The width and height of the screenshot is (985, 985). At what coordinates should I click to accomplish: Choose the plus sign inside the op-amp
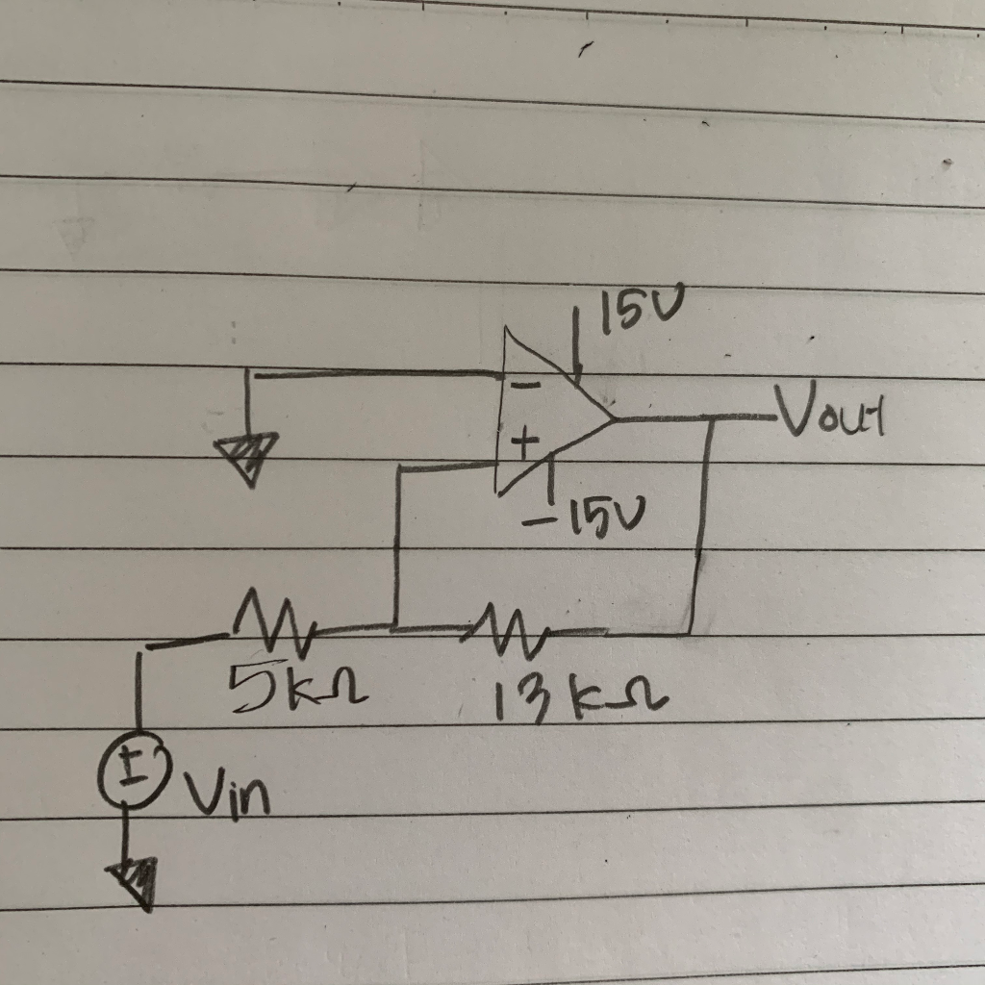click(x=522, y=444)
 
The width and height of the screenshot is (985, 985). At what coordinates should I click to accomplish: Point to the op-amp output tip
click(x=614, y=418)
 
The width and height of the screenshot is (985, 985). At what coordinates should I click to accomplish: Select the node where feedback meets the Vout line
click(x=711, y=418)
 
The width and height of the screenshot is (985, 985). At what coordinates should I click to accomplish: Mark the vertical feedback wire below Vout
click(x=702, y=529)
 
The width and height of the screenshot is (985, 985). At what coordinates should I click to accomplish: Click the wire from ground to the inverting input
click(x=375, y=371)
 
